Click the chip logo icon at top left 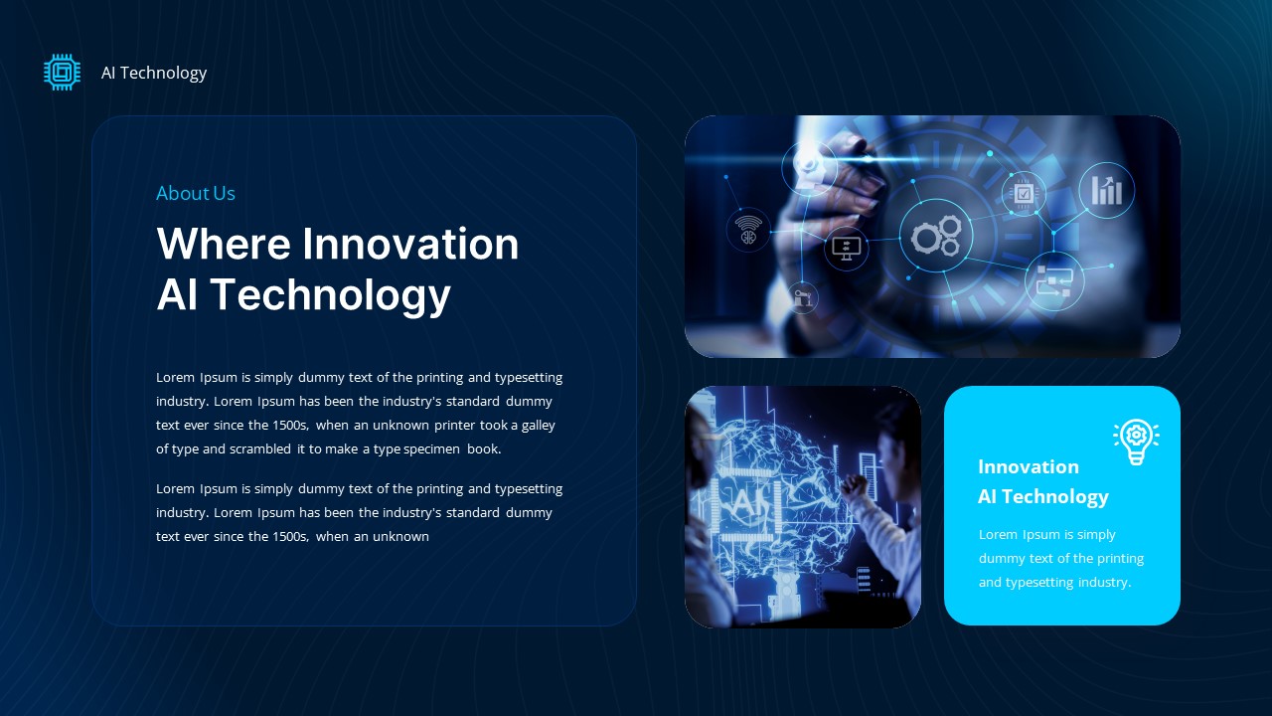[x=62, y=73]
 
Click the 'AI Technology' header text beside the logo [x=154, y=73]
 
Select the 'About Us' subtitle [x=196, y=193]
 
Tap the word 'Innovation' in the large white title [x=409, y=245]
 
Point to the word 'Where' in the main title [x=224, y=245]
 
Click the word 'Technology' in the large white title [x=330, y=295]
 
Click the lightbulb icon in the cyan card [x=1136, y=441]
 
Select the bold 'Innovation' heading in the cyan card [x=1028, y=466]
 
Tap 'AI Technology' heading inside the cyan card [x=1042, y=496]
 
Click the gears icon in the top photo [x=936, y=236]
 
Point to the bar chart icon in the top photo [x=1106, y=190]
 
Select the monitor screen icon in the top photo [x=846, y=247]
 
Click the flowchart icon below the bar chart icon [x=1053, y=281]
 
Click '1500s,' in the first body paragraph [x=292, y=425]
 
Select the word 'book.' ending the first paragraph [x=484, y=448]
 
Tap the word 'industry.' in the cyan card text [x=1104, y=582]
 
